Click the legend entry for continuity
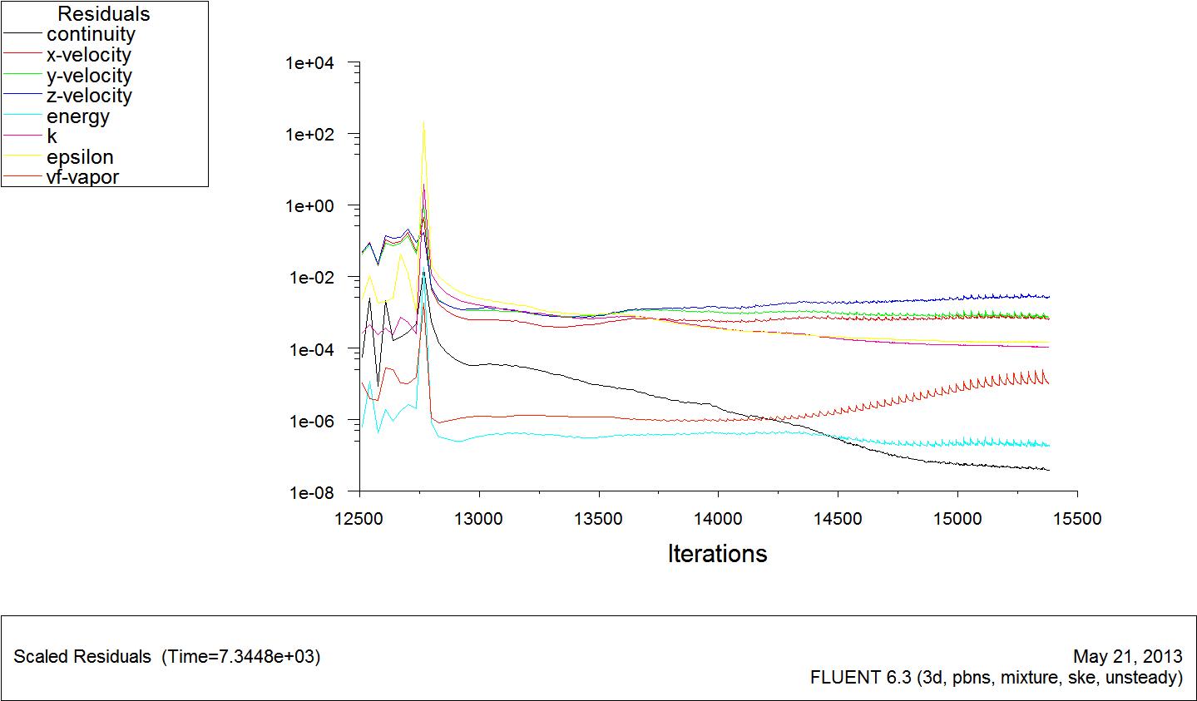91,35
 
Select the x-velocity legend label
89,56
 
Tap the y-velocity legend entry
89,76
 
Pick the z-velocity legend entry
89,96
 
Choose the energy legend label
78,116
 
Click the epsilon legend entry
80,157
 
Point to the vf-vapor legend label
82,177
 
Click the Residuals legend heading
104,14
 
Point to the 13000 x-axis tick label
479,520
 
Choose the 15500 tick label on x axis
1077,520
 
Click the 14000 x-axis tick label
719,520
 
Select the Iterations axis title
717,554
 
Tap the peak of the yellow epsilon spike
423,122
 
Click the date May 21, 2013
1128,656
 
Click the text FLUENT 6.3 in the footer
861,678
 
